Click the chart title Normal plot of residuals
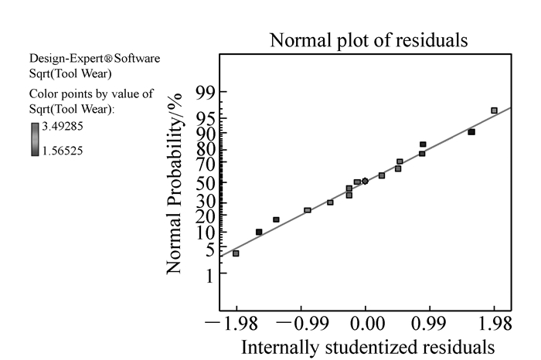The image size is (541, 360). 368,40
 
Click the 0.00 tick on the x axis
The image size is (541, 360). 366,320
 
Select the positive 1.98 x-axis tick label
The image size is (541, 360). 495,320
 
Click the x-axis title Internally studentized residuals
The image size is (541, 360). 368,345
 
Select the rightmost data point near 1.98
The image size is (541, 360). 494,111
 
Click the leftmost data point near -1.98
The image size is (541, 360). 236,253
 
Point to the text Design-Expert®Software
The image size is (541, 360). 94,59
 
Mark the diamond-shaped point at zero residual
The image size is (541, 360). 365,182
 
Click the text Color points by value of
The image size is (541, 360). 79,96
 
